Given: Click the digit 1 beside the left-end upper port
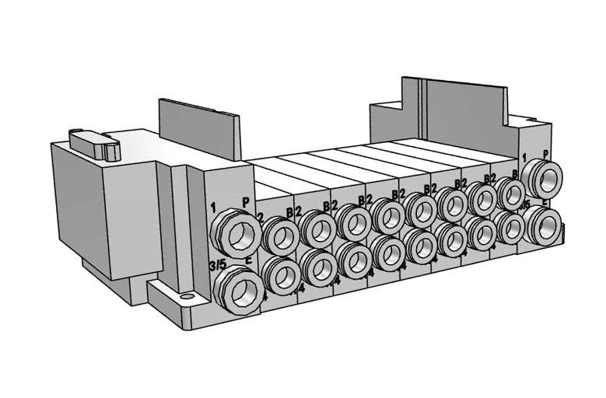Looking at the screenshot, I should [212, 207].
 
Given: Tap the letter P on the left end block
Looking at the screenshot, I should [246, 201].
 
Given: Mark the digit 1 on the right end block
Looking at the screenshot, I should [525, 158].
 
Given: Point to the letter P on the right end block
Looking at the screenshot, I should [545, 154].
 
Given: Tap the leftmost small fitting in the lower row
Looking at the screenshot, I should [280, 274].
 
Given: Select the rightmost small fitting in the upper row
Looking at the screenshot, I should [510, 192].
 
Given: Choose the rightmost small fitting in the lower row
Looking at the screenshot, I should [510, 227].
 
